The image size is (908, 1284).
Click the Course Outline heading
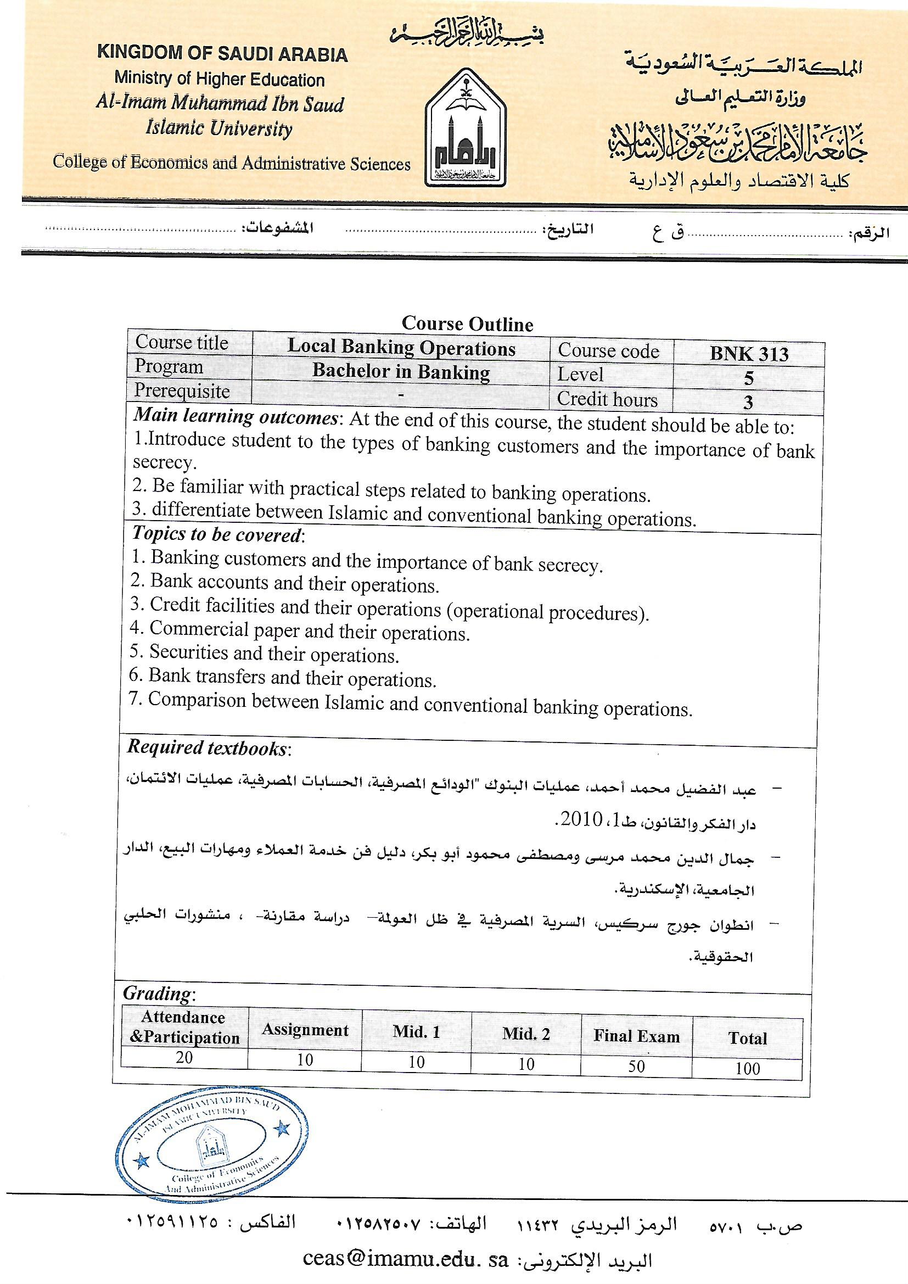tap(467, 324)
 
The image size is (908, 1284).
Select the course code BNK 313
tap(749, 354)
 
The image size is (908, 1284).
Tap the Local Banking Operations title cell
tap(401, 348)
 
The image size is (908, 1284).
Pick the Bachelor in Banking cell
tap(401, 371)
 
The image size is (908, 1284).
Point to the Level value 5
tap(749, 378)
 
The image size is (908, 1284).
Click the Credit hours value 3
tap(748, 402)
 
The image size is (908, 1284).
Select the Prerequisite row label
tap(182, 391)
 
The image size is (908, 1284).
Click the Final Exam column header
tap(636, 1036)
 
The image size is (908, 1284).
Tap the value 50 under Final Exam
tap(636, 1066)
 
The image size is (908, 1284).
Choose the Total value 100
tap(748, 1068)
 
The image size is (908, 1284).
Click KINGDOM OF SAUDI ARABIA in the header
tap(222, 54)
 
